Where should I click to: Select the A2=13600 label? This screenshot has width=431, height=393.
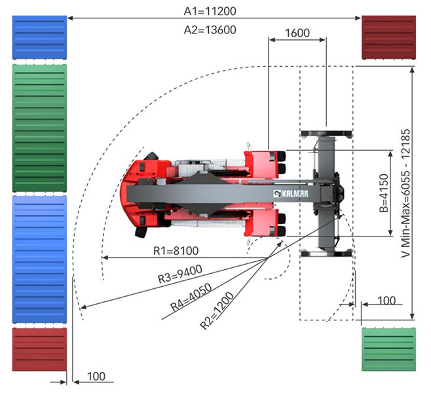(210, 29)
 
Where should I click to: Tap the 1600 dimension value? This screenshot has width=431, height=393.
(298, 33)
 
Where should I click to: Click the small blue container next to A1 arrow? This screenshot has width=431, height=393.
(39, 38)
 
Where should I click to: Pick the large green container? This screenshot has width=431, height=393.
(39, 128)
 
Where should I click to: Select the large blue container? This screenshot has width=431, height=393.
(39, 259)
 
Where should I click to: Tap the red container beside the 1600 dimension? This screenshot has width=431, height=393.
(389, 38)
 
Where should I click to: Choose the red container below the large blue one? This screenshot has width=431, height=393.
(39, 354)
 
